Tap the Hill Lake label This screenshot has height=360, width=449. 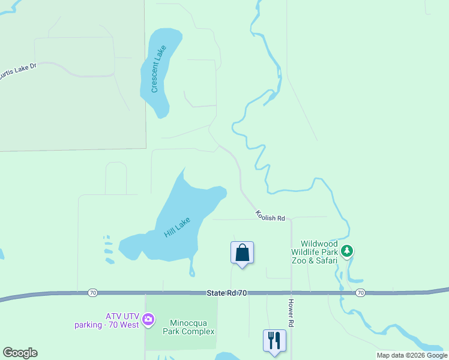pyautogui.click(x=177, y=227)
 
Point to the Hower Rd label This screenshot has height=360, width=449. pyautogui.click(x=291, y=313)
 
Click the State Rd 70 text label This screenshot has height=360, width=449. pyautogui.click(x=228, y=292)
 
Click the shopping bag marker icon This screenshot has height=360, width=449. pyautogui.click(x=242, y=253)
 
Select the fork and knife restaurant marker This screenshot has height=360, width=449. pyautogui.click(x=274, y=340)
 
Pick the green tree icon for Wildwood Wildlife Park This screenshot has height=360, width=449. pyautogui.click(x=346, y=251)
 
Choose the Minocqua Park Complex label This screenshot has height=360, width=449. pyautogui.click(x=188, y=326)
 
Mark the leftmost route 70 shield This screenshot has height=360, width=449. pyautogui.click(x=92, y=293)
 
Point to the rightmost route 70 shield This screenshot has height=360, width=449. pyautogui.click(x=360, y=293)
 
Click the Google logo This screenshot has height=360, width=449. pyautogui.click(x=20, y=353)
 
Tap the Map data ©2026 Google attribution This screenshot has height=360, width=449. pyautogui.click(x=412, y=355)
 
